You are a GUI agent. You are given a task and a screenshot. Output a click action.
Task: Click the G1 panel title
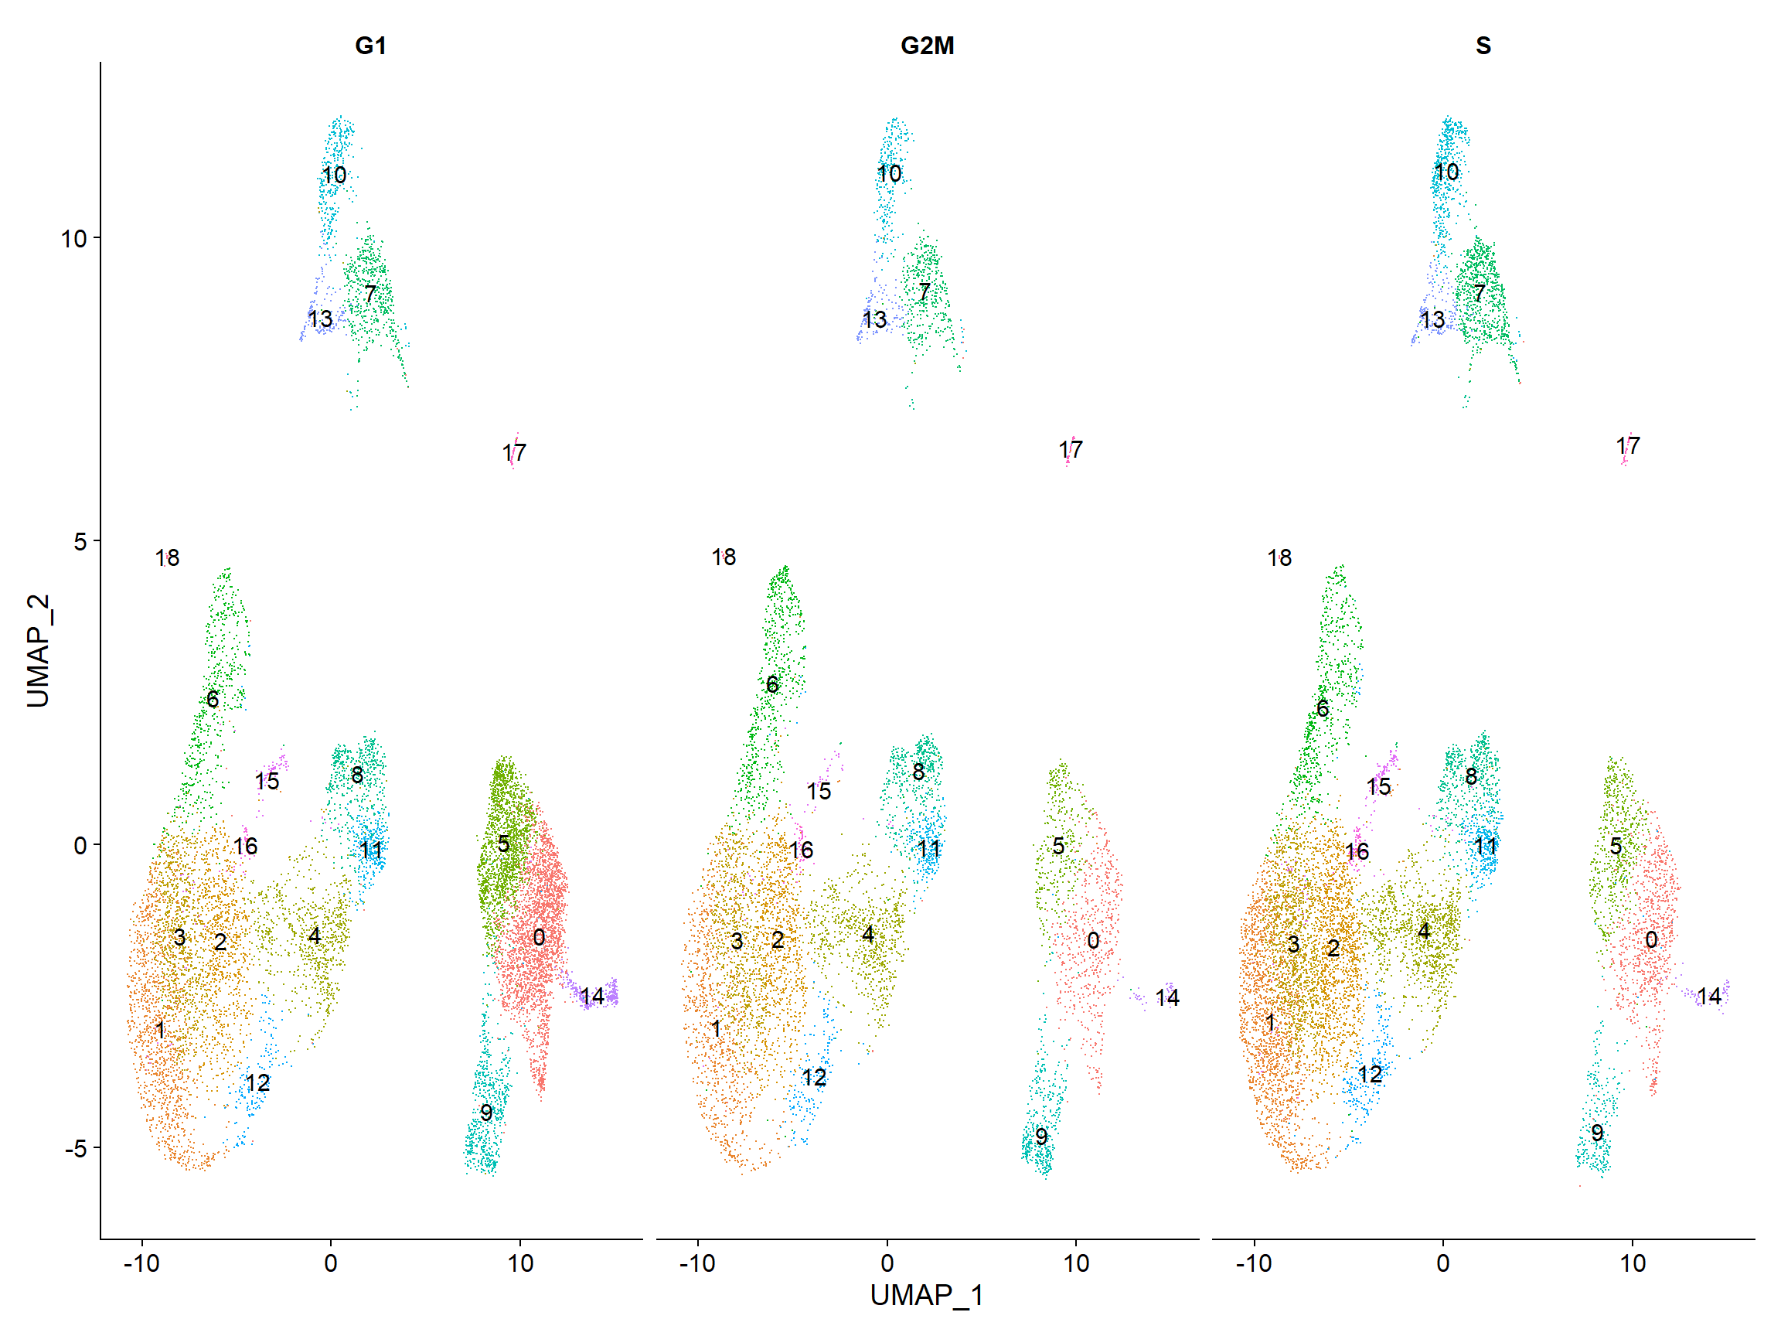(370, 45)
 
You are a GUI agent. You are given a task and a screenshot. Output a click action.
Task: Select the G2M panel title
(927, 45)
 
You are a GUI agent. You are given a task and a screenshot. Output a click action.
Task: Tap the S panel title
(1483, 45)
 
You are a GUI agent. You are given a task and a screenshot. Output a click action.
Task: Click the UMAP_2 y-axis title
(38, 651)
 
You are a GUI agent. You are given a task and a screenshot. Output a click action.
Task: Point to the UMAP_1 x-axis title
(927, 1295)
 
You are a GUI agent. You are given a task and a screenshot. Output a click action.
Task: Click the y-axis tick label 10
(74, 238)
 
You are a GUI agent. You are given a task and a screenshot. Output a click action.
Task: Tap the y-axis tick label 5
(80, 541)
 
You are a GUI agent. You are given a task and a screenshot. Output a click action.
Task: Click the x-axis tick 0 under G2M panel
(887, 1262)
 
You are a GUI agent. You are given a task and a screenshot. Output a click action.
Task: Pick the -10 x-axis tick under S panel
(1254, 1262)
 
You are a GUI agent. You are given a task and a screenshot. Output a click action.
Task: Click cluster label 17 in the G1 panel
(514, 452)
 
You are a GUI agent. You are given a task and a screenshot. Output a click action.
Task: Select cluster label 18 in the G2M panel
(723, 557)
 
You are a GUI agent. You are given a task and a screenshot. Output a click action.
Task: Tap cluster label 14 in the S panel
(1708, 996)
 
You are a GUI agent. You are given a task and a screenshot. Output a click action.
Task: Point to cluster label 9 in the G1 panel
(485, 1112)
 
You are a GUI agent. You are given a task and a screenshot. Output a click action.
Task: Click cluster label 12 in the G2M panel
(813, 1077)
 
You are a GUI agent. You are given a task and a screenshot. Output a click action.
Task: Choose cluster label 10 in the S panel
(1446, 172)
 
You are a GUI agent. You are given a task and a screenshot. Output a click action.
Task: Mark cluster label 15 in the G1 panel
(267, 780)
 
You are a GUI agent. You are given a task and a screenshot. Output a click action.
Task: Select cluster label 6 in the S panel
(1322, 708)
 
